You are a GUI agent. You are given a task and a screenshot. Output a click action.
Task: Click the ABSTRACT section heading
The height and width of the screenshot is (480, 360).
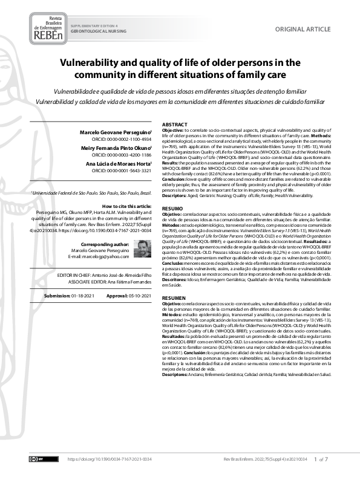(175, 124)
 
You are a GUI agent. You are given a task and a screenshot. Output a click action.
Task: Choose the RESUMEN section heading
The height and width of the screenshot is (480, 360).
(174, 299)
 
